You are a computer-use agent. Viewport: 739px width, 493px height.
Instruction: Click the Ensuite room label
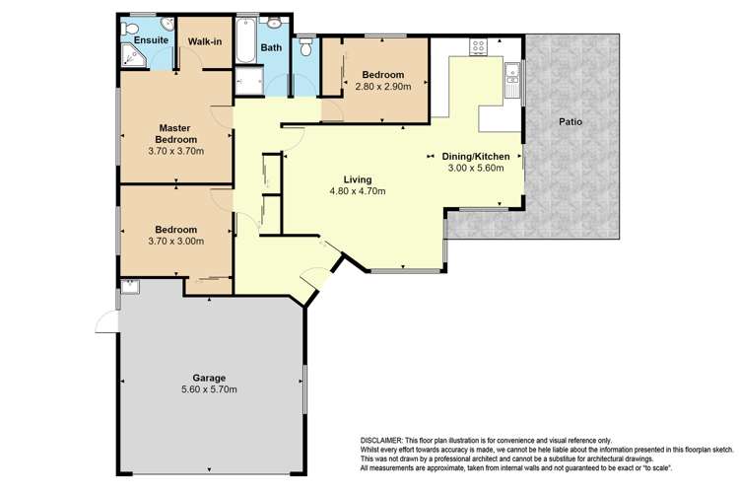tap(151, 40)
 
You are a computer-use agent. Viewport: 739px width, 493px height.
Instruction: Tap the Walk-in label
tap(205, 41)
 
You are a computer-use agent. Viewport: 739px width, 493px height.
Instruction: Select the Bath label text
tap(271, 47)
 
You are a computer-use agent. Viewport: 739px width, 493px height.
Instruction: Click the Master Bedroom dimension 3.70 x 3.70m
tap(175, 152)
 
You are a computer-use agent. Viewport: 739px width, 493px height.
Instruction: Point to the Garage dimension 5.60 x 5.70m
tap(209, 389)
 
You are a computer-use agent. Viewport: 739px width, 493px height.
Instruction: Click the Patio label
tap(571, 121)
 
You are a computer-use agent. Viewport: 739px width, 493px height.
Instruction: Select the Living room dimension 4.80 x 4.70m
tap(358, 191)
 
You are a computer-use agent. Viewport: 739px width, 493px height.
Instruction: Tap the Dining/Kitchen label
tap(476, 156)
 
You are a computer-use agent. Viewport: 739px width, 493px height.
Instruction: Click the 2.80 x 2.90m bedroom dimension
tap(382, 87)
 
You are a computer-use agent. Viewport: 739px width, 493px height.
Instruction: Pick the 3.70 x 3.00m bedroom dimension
tap(175, 241)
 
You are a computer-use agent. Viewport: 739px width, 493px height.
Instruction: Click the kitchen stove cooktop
tap(478, 46)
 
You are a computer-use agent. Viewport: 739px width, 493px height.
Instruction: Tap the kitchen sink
tap(511, 80)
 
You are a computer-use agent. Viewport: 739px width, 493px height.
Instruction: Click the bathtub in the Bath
tap(245, 41)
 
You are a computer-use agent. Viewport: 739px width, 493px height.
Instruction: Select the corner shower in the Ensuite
tap(134, 55)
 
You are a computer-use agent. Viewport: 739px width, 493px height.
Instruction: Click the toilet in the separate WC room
tap(305, 47)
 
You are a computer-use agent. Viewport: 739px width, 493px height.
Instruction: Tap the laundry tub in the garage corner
tap(130, 287)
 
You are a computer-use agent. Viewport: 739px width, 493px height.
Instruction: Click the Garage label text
tap(209, 378)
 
